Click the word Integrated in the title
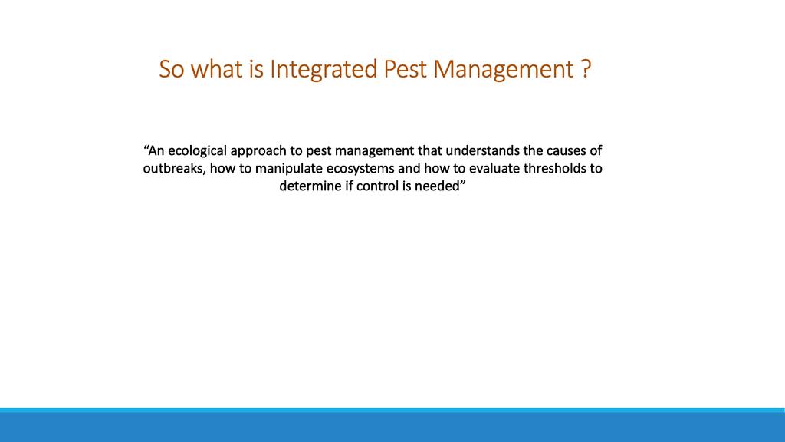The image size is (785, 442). click(324, 70)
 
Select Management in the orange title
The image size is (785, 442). click(503, 70)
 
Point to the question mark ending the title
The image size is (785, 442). click(586, 69)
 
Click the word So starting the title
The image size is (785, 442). click(171, 69)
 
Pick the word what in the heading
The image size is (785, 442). click(217, 69)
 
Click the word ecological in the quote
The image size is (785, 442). click(197, 151)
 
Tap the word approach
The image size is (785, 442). click(258, 151)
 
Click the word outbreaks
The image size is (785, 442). click(174, 168)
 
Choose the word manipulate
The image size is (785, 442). click(289, 169)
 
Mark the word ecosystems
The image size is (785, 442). click(360, 169)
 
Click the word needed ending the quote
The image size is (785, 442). click(437, 186)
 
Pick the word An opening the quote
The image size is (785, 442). click(156, 150)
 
